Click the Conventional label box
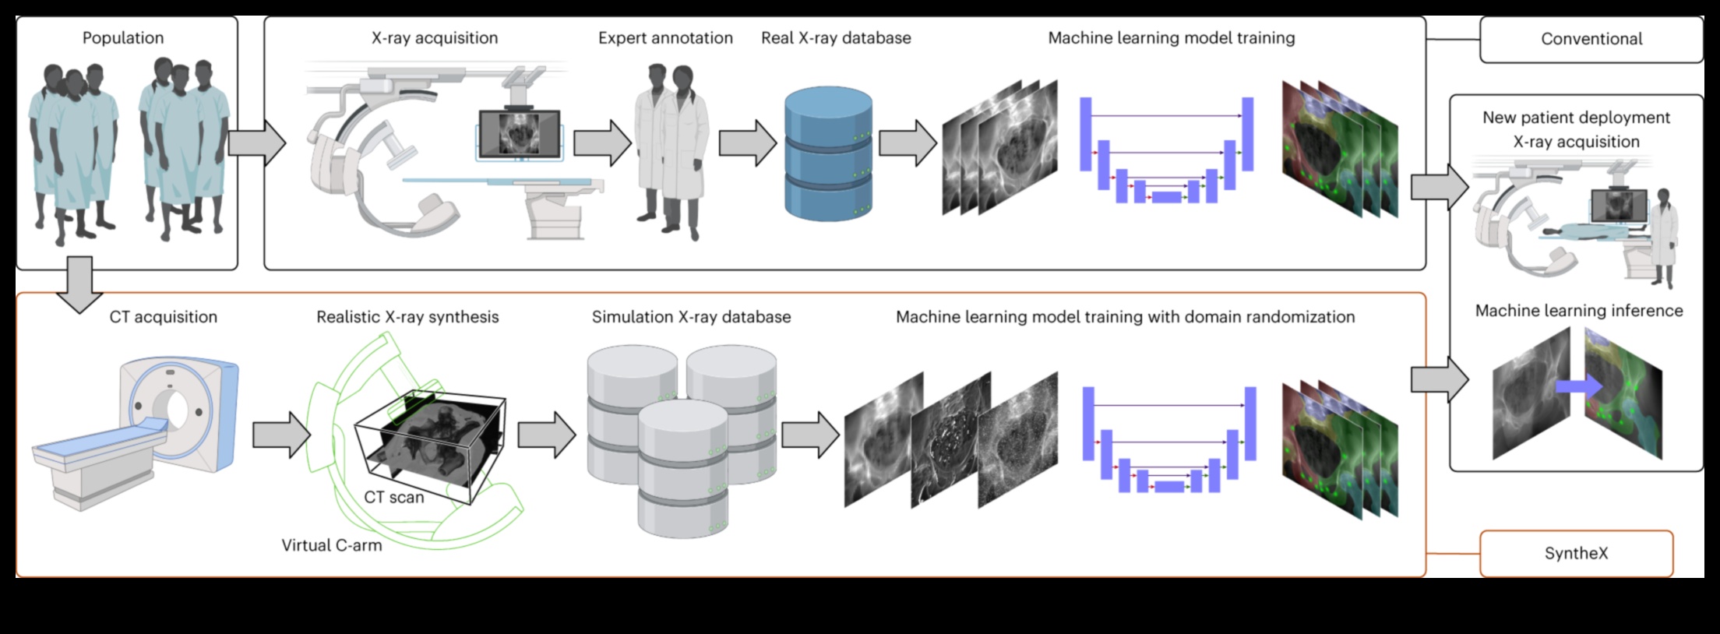pos(1591,39)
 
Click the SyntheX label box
pos(1576,554)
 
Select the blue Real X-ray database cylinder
pos(828,153)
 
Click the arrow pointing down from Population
pos(79,284)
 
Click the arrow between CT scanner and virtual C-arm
pos(281,435)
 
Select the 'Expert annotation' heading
pos(665,38)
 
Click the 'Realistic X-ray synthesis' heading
pos(407,317)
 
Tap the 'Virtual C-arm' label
pos(332,545)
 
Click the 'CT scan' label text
pos(394,497)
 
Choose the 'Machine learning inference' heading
pos(1579,311)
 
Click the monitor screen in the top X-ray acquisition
pos(519,133)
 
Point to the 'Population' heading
pos(123,38)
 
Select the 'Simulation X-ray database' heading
pos(691,317)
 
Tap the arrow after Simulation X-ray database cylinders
pos(810,435)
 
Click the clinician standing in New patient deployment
pos(1664,238)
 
